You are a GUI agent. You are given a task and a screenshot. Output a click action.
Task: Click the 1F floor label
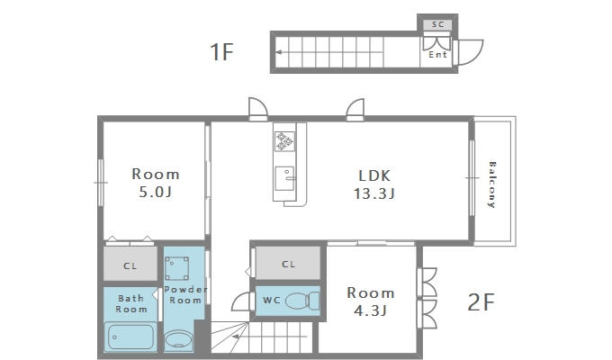(221, 52)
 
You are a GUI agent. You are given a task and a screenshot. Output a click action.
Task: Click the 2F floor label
(481, 302)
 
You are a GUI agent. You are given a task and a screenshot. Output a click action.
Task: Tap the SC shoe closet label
(438, 24)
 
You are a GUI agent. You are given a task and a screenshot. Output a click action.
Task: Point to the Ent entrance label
(437, 55)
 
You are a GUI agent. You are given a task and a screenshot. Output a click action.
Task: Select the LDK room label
(374, 175)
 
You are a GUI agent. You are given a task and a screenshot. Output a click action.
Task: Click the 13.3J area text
(374, 193)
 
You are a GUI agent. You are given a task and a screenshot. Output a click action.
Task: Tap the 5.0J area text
(156, 192)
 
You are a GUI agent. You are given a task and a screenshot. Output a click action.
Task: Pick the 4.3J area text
(370, 310)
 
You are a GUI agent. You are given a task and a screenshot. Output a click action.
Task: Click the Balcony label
(491, 184)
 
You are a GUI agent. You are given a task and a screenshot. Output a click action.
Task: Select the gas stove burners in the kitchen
(284, 141)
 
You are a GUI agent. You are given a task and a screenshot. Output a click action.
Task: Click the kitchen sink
(284, 179)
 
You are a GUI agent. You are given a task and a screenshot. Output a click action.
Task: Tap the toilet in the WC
(302, 301)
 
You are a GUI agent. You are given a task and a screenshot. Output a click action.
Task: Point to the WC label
(272, 301)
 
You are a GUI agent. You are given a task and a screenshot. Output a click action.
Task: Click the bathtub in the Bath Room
(130, 337)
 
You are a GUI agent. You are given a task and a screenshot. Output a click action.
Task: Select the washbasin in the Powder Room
(179, 339)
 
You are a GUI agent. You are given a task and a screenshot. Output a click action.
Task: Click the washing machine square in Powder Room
(176, 268)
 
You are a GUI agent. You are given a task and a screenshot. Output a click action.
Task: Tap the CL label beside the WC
(288, 265)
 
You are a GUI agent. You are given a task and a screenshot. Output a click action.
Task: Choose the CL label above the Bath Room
(130, 266)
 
